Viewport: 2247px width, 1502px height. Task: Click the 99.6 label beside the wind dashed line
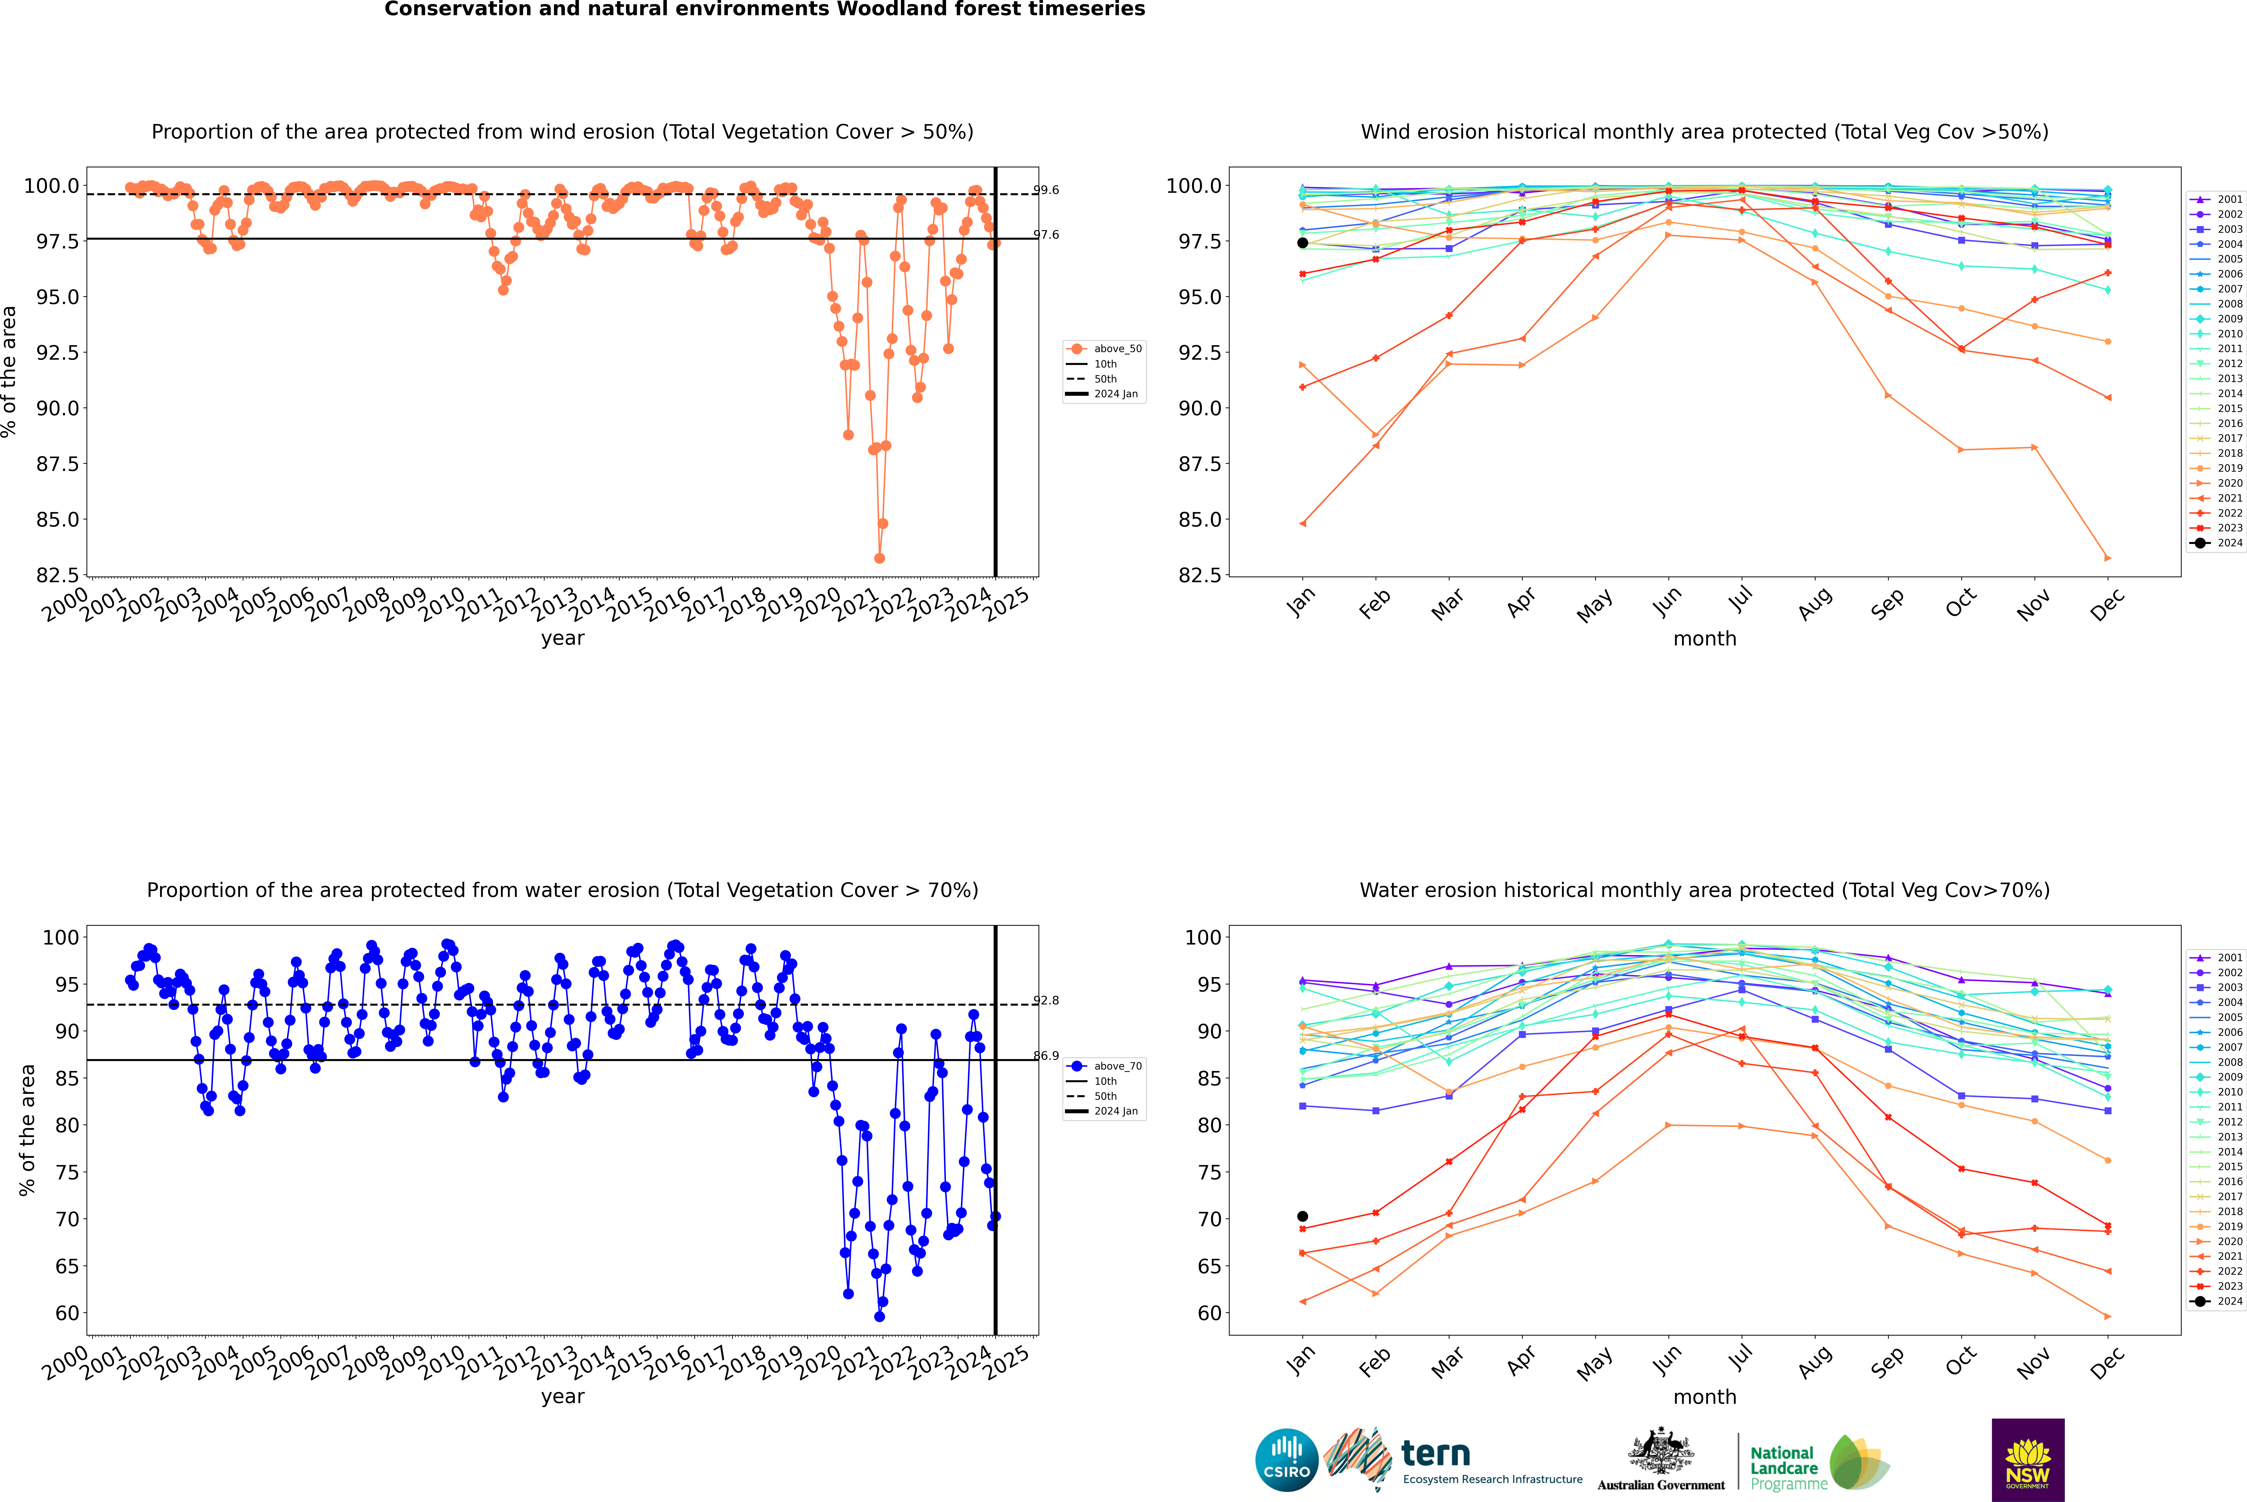point(1046,191)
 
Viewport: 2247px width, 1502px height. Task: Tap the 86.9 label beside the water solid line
point(1046,1056)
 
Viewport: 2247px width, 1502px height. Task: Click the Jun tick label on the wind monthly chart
point(1667,601)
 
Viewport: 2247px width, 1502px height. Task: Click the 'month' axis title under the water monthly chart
point(1704,1397)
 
